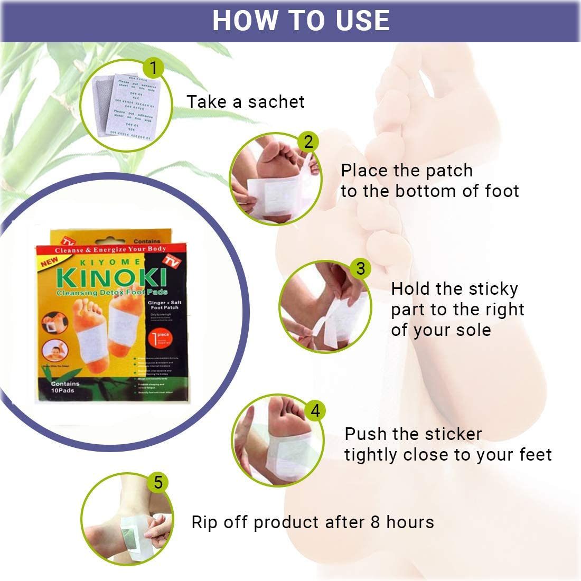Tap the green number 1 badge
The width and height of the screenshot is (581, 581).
(x=153, y=68)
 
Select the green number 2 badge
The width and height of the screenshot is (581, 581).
(x=308, y=142)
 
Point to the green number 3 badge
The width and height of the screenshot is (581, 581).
(x=360, y=268)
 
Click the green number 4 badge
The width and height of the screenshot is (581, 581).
(x=315, y=411)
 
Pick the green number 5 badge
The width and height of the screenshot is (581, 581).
(x=158, y=482)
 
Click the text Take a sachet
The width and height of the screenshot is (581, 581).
(x=246, y=101)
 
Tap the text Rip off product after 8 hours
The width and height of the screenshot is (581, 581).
(x=312, y=522)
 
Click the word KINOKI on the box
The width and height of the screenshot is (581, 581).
(x=110, y=278)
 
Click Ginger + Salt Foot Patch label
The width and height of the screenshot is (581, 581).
(x=164, y=304)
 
